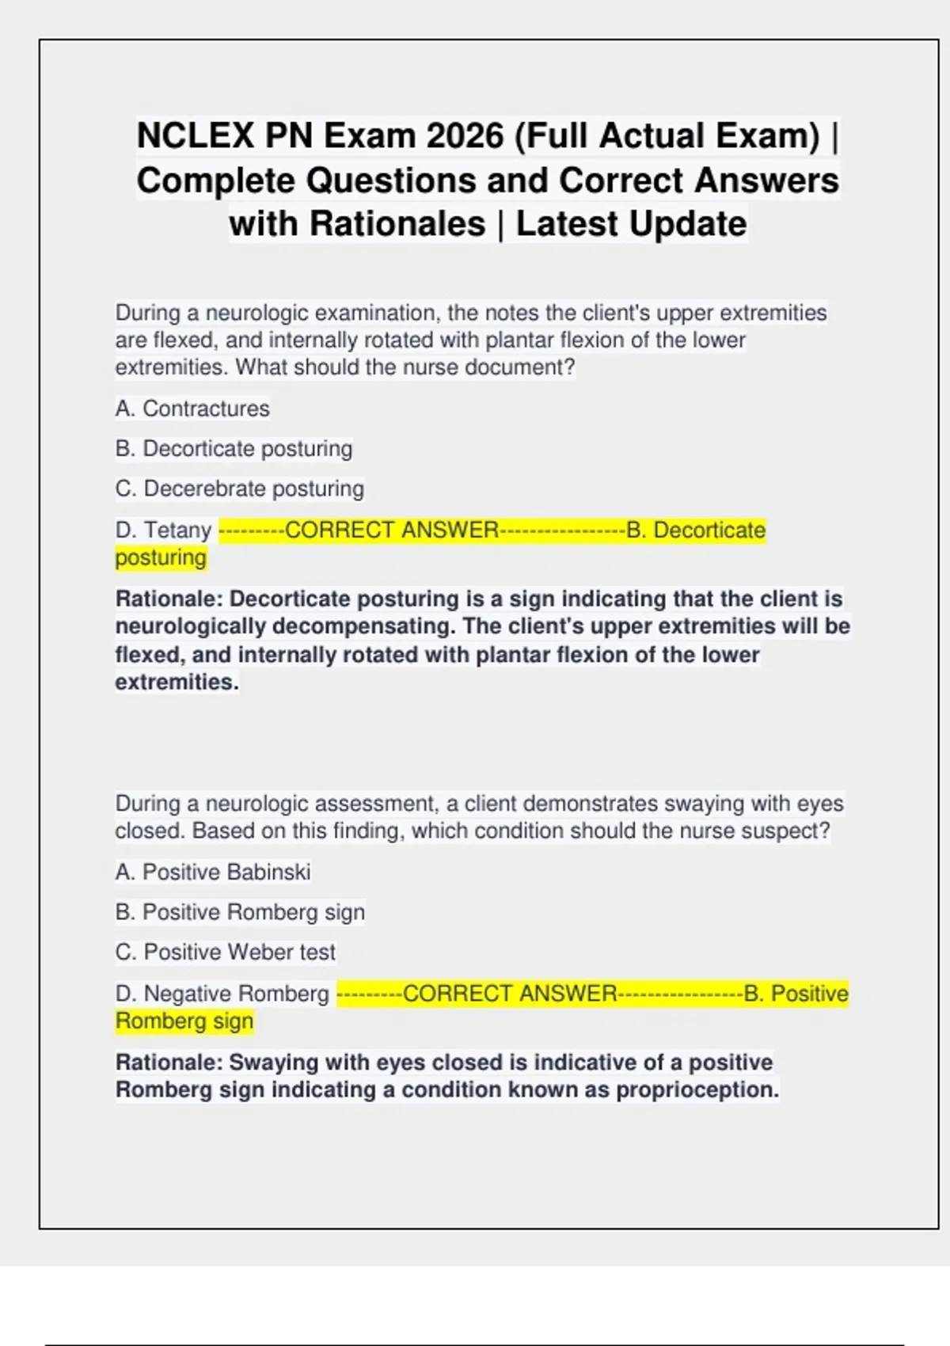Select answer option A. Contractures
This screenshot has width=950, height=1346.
coord(192,409)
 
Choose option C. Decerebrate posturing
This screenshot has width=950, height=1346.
coord(240,489)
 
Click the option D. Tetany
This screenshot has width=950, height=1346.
coord(163,530)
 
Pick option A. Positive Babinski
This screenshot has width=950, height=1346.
coord(213,872)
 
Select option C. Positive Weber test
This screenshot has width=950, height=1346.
coord(226,952)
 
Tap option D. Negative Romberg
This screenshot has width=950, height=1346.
coord(222,993)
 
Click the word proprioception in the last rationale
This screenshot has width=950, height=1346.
coord(697,1089)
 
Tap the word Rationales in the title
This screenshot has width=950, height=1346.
coord(397,223)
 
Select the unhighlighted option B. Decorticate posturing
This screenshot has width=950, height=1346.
coord(234,448)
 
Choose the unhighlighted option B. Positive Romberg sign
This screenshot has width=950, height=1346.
coord(241,912)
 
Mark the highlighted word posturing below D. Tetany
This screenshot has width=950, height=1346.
coord(161,557)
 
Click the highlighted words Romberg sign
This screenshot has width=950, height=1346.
coord(184,1021)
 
